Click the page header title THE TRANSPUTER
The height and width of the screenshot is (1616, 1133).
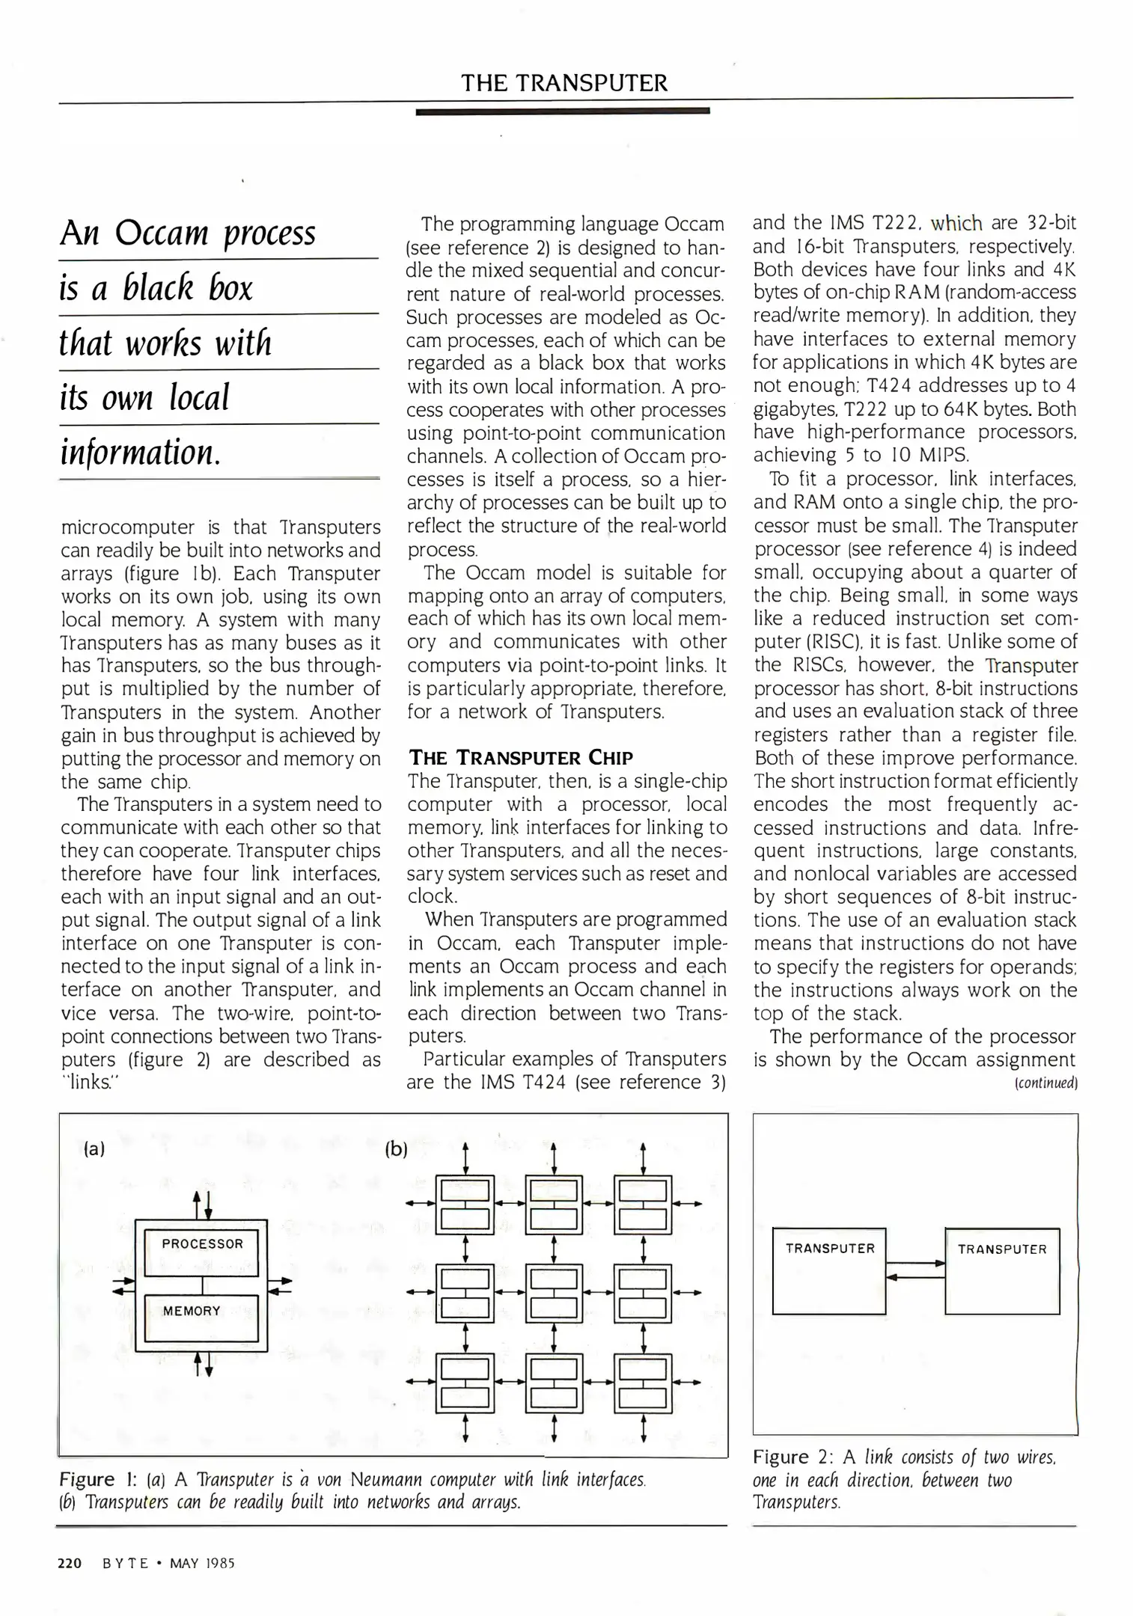[564, 82]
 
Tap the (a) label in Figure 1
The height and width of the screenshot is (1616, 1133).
[94, 1149]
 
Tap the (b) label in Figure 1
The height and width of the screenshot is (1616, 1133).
[396, 1149]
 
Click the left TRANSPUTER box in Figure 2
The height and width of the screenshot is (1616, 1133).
[829, 1270]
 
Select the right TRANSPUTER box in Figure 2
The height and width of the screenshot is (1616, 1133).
[1002, 1270]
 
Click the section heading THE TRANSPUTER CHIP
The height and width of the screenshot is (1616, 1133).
[521, 757]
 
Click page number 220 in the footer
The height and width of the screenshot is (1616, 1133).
[70, 1563]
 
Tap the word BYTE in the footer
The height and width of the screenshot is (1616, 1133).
[126, 1563]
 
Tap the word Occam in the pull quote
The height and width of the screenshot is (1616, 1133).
[161, 233]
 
